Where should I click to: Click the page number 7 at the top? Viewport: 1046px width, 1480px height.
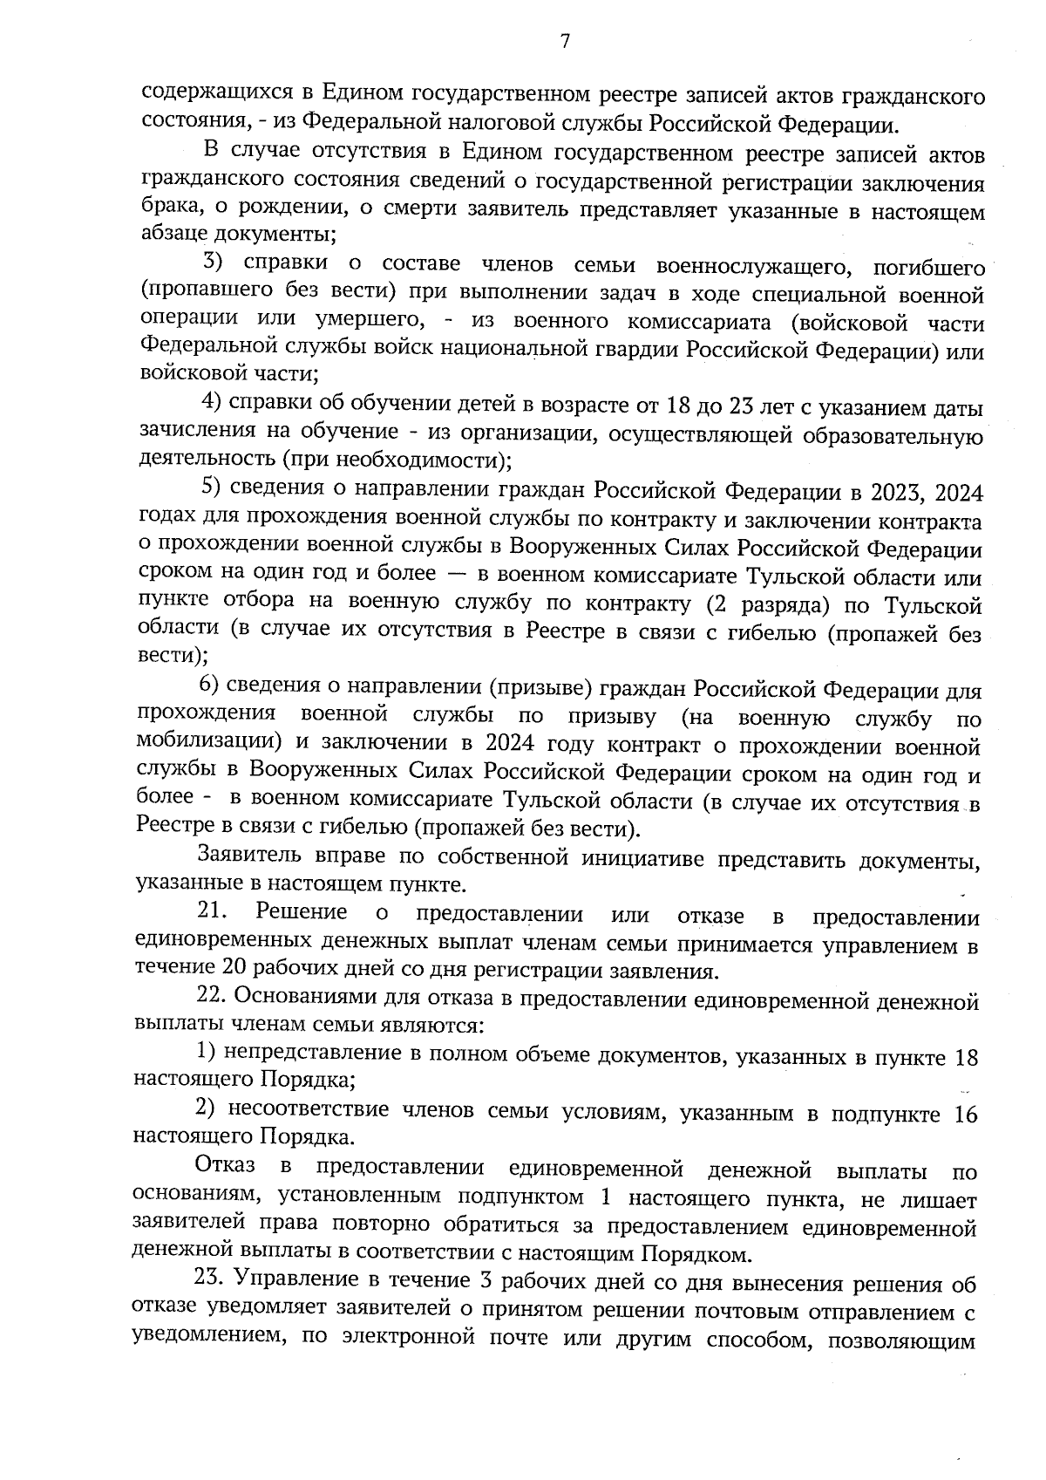(564, 42)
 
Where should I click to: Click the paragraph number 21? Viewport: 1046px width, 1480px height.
(212, 912)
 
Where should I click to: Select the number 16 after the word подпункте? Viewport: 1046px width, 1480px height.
(965, 1115)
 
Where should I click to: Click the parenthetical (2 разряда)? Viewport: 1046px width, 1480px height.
(766, 604)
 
